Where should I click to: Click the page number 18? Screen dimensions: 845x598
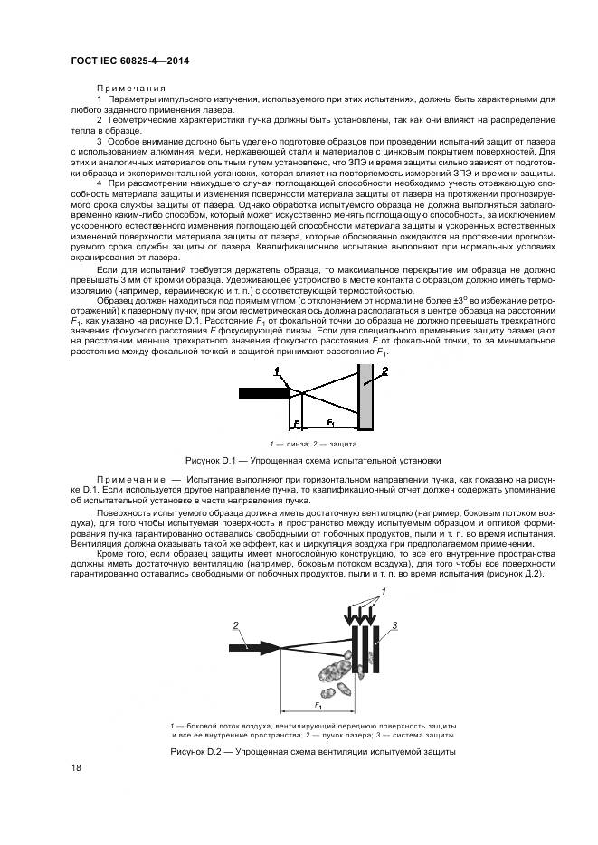[x=76, y=767]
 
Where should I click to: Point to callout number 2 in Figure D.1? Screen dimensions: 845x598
[x=383, y=371]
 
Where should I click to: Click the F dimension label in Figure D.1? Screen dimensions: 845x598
[x=295, y=422]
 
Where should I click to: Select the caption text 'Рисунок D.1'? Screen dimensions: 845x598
[x=210, y=458]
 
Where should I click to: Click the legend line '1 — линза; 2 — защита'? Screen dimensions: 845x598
[x=313, y=444]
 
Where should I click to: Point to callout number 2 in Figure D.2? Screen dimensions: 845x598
[x=235, y=625]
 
